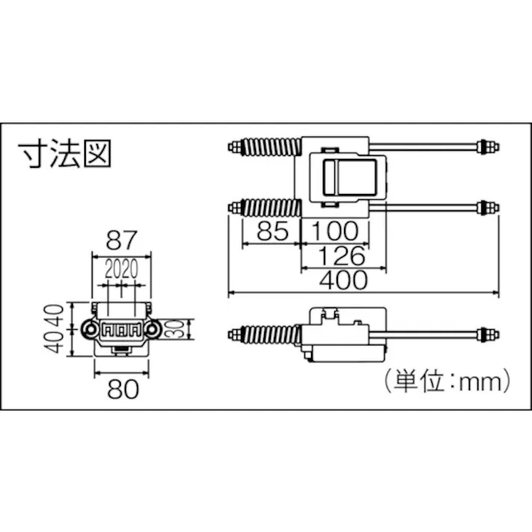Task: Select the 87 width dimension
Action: point(121,240)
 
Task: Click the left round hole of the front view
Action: point(90,329)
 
